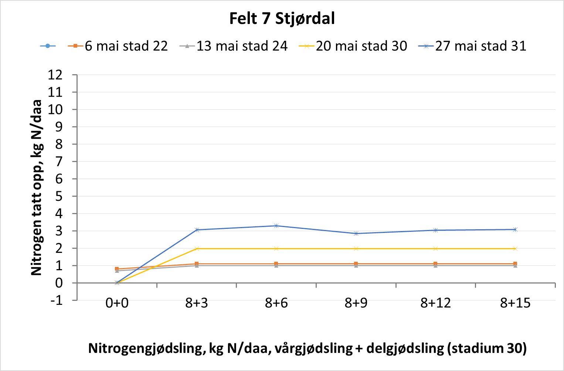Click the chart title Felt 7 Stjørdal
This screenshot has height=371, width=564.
[282, 18]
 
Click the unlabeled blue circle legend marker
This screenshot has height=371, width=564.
[48, 46]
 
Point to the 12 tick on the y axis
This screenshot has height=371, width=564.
[55, 75]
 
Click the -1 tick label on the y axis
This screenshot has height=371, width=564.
[57, 300]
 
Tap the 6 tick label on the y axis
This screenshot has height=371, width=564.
[59, 179]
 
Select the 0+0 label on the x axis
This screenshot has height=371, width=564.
[117, 303]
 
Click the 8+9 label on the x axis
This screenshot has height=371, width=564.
[356, 303]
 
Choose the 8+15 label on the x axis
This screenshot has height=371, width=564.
[515, 303]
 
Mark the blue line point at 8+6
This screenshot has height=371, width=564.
[276, 226]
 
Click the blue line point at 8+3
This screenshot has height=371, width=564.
[197, 230]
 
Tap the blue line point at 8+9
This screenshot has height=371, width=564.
[356, 233]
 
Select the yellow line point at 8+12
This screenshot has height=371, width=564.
[435, 248]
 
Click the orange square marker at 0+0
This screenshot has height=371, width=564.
[117, 269]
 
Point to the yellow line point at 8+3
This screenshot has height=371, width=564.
[197, 248]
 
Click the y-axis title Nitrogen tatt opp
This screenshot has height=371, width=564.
[37, 188]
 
